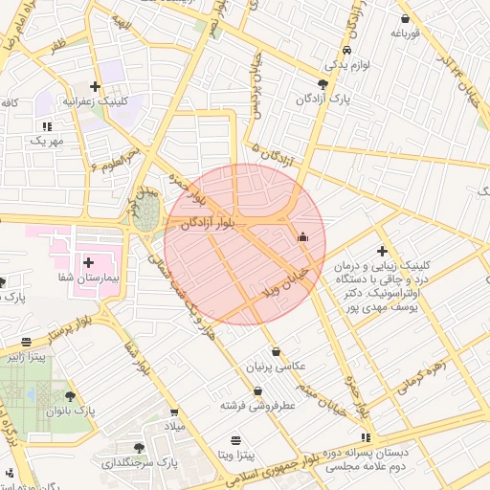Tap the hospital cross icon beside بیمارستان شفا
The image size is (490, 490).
[88, 261]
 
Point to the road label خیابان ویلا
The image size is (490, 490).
[283, 278]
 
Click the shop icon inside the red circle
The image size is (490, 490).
[303, 236]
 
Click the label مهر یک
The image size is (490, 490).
[45, 141]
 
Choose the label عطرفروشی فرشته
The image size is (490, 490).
[257, 406]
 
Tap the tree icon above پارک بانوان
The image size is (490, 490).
[69, 395]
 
